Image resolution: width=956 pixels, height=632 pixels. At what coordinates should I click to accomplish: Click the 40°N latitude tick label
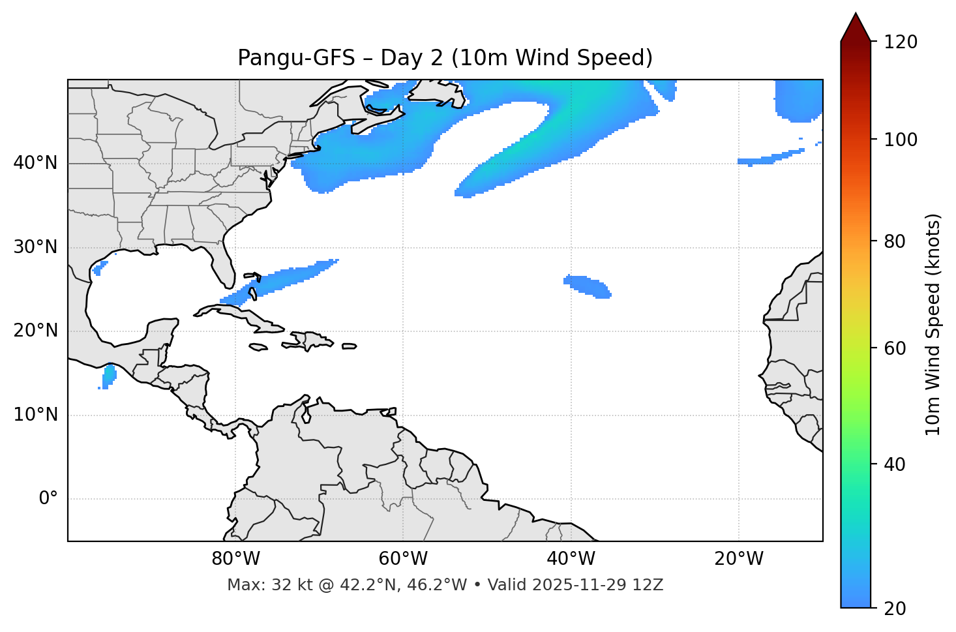(35, 163)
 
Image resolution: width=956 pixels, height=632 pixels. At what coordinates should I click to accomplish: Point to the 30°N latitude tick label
(35, 247)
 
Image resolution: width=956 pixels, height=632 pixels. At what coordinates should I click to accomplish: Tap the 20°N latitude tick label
(35, 331)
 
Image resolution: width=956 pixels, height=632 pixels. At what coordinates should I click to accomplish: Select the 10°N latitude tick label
(35, 415)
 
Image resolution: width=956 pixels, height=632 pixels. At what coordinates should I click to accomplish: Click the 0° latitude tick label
(48, 499)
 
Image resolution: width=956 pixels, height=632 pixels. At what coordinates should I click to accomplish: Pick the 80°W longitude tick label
(235, 559)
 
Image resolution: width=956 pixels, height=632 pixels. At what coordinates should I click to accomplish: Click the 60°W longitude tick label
(403, 559)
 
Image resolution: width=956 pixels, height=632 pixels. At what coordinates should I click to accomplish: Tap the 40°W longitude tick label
(571, 559)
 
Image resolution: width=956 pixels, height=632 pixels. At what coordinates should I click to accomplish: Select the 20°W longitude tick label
(739, 559)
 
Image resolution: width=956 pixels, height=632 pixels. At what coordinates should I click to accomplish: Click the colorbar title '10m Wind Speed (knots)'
(933, 324)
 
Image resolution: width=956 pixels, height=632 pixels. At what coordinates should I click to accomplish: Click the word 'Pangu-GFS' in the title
(295, 58)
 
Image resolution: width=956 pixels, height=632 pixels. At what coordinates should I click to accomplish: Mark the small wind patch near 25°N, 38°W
(587, 286)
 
